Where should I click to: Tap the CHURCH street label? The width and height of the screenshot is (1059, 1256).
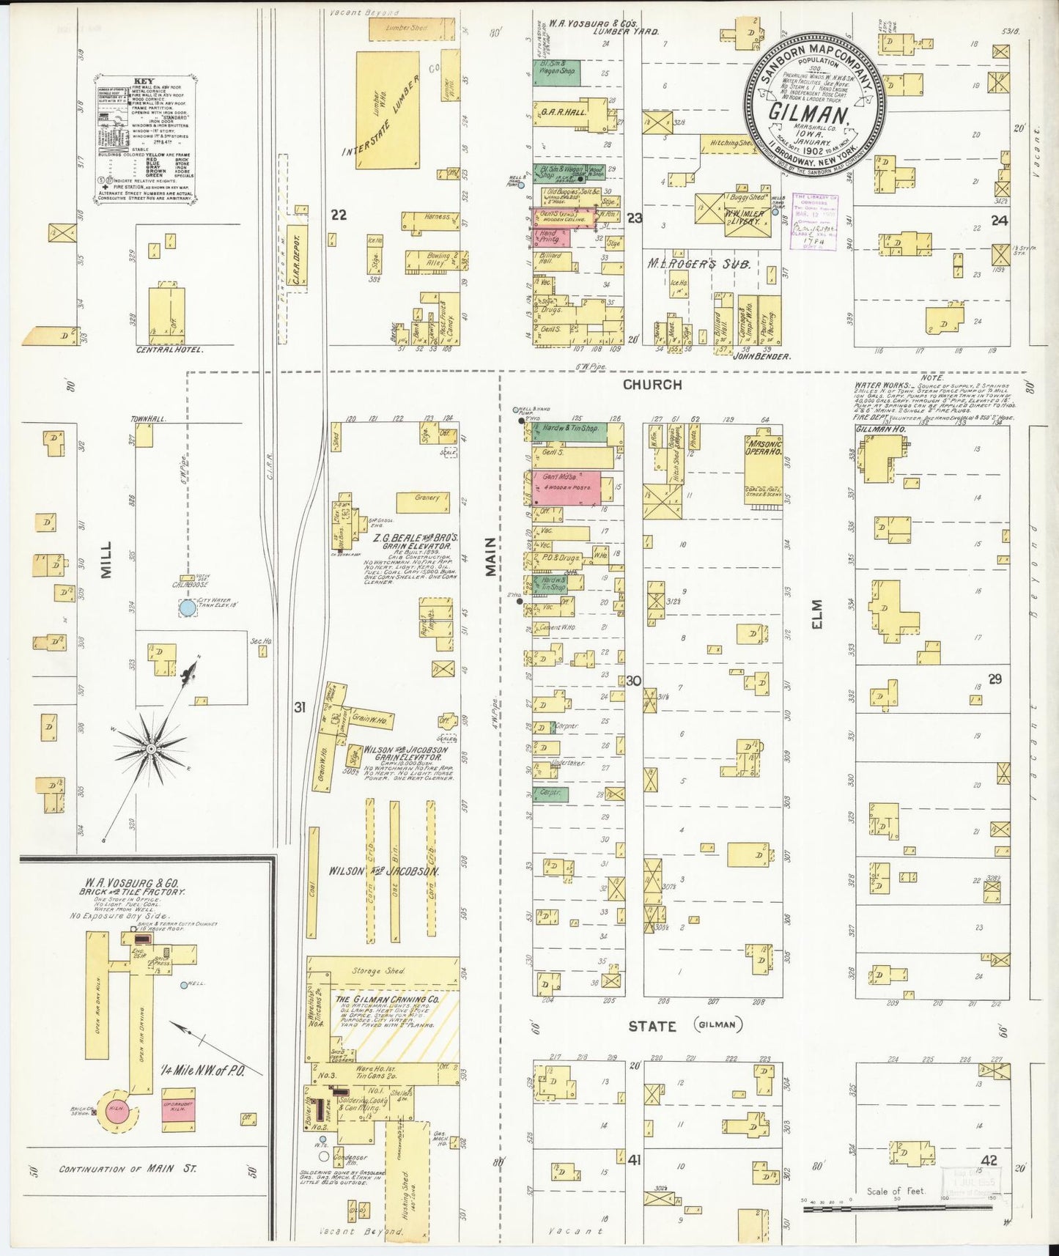coord(652,385)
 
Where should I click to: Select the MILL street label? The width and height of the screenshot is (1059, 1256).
coord(107,560)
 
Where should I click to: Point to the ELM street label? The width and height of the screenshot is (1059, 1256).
coord(817,613)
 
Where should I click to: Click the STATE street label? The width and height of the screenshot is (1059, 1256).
coord(652,1027)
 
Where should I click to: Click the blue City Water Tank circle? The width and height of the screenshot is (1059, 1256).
coord(188,607)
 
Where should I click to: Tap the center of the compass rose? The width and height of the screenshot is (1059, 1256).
coord(151,749)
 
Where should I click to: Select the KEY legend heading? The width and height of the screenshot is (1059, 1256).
coord(144,81)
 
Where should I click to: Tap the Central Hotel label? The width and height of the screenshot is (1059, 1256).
coord(169,350)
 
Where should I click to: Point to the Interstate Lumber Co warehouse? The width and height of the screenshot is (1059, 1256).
coord(388,110)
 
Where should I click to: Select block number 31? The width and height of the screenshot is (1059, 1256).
coord(299,707)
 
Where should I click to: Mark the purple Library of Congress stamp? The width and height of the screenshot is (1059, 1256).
coord(813,222)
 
